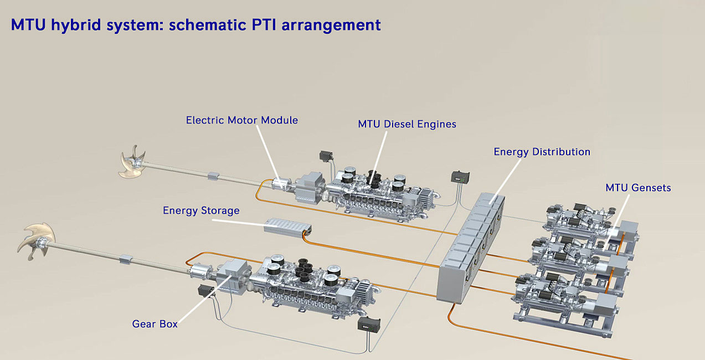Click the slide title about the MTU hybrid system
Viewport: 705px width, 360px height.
coord(195,24)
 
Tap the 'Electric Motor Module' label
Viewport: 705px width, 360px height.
coord(242,120)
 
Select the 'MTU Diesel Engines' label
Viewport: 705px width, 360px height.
coord(407,124)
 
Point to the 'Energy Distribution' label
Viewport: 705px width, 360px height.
coord(542,152)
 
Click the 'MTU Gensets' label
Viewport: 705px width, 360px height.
coord(638,188)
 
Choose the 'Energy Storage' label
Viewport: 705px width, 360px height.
coord(201,210)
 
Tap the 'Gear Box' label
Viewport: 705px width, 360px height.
coord(155,323)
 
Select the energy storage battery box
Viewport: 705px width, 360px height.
coord(287,227)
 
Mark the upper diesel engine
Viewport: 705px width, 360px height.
coord(377,191)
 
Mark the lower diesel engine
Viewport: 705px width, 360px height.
coord(310,285)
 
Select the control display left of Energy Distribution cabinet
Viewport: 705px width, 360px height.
coord(460,177)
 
